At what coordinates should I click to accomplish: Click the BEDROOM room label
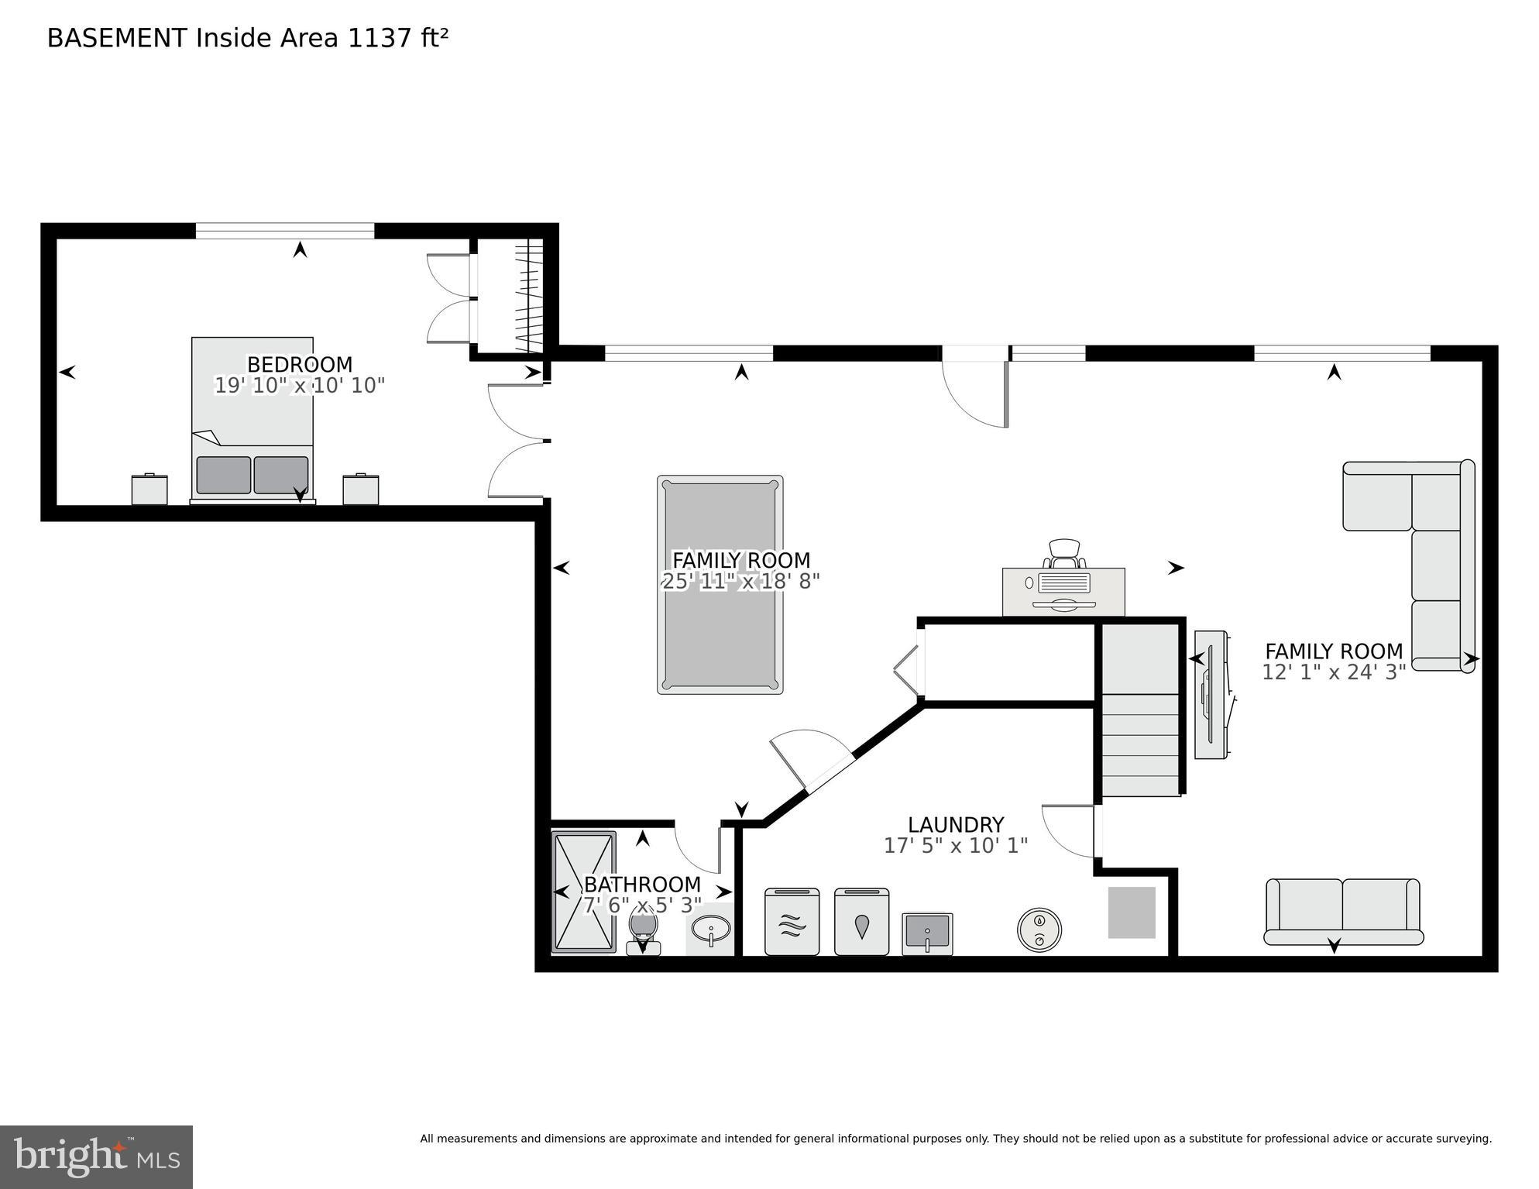click(299, 364)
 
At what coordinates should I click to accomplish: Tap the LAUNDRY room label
click(955, 825)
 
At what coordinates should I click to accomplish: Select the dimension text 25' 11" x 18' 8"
click(740, 581)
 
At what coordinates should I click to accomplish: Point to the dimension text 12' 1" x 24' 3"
click(1333, 672)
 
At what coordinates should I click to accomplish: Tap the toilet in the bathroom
click(643, 933)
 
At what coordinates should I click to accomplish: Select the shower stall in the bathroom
click(583, 892)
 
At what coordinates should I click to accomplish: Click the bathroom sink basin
click(711, 927)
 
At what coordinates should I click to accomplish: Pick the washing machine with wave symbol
click(792, 922)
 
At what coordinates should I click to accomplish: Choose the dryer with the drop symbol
click(861, 922)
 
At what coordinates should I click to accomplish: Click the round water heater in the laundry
click(1039, 930)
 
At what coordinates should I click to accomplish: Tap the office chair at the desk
click(1063, 553)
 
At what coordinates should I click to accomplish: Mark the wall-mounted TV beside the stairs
click(1210, 695)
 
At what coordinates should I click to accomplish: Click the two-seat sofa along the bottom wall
click(1342, 911)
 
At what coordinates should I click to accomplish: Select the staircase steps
click(1140, 744)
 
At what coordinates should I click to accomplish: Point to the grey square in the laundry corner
click(1131, 912)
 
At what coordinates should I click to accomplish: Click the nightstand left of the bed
click(149, 489)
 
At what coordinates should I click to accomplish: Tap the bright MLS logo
click(96, 1156)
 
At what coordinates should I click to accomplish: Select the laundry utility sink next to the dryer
click(926, 933)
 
